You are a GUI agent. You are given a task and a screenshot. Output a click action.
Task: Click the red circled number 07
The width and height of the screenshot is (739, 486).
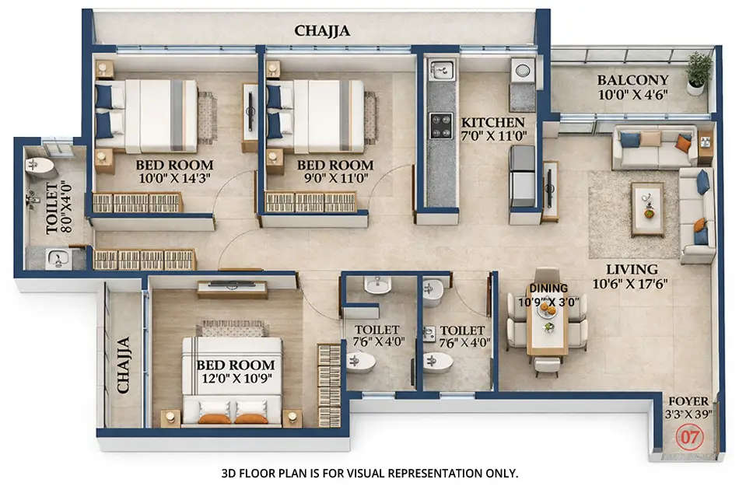[689, 436]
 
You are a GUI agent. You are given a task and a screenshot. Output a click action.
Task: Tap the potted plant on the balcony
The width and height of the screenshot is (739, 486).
[698, 72]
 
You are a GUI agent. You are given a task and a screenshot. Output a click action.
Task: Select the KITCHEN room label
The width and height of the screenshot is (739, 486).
[492, 123]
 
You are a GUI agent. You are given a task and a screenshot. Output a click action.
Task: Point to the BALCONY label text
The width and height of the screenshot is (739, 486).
[632, 79]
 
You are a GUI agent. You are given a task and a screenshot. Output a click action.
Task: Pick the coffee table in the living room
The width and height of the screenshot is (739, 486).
[647, 208]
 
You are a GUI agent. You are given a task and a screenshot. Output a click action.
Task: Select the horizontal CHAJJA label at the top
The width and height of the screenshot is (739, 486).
[322, 31]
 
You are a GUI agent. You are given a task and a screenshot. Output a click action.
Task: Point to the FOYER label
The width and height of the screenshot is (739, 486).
[688, 401]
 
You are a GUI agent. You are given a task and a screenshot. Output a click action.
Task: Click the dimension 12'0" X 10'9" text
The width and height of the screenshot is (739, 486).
[235, 379]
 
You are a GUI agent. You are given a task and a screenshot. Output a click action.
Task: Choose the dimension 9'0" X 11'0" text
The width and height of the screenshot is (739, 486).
[335, 178]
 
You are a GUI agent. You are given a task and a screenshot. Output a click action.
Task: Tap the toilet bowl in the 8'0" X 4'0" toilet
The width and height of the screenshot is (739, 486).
[40, 166]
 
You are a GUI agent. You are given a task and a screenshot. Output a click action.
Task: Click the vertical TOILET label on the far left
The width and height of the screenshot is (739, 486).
[52, 209]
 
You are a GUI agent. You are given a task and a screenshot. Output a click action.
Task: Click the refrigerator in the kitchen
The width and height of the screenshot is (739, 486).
[522, 177]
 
